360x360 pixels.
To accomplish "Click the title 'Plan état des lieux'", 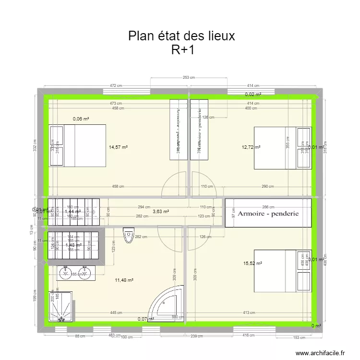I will (x=181, y=36).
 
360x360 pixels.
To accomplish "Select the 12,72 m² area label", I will (x=251, y=147).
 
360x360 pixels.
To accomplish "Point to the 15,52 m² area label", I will (x=252, y=263).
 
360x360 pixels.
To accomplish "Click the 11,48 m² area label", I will (x=124, y=280).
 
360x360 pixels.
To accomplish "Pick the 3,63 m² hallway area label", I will (x=160, y=211).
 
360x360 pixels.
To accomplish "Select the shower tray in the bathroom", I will (x=61, y=306).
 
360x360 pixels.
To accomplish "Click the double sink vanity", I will (x=75, y=273).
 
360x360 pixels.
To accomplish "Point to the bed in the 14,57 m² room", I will (x=77, y=145).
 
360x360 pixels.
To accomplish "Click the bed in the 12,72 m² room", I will (x=282, y=148).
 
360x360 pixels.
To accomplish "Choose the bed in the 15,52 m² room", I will (x=282, y=270).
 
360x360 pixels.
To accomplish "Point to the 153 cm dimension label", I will (x=299, y=337).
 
